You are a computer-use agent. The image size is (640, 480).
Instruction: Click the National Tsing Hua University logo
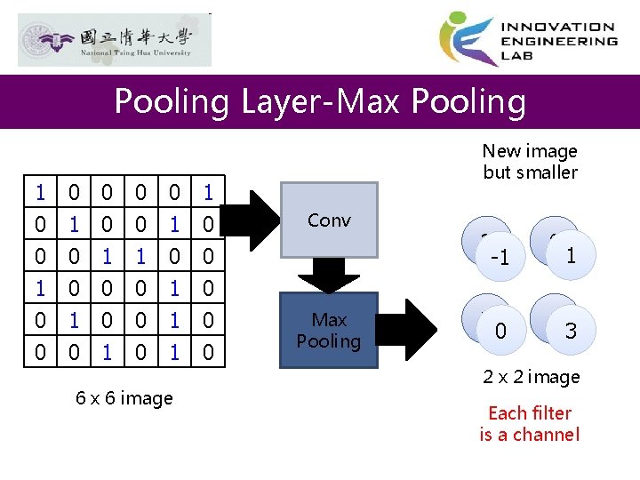(115, 40)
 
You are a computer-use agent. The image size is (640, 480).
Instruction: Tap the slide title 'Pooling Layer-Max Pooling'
(320, 101)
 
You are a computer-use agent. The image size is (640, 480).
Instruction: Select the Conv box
(329, 220)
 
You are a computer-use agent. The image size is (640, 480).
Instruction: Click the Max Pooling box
(329, 330)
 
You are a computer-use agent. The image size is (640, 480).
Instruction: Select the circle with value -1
(500, 258)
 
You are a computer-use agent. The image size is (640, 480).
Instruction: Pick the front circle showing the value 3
(571, 331)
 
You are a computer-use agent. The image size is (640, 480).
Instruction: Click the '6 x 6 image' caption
(124, 398)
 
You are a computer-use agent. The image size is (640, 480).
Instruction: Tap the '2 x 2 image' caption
(531, 377)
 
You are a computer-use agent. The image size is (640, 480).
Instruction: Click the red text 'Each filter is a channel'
(530, 423)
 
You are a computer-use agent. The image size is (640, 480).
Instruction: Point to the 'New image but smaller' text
(531, 162)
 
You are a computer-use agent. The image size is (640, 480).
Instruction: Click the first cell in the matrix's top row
(40, 191)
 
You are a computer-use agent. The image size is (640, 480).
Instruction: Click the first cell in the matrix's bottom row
(40, 353)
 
